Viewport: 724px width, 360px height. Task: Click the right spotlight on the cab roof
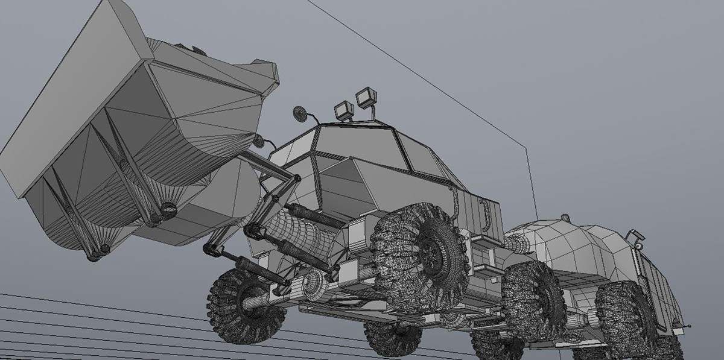(364, 98)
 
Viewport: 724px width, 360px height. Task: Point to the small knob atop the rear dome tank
(565, 217)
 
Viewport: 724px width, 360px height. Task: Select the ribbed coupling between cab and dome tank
(516, 243)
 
